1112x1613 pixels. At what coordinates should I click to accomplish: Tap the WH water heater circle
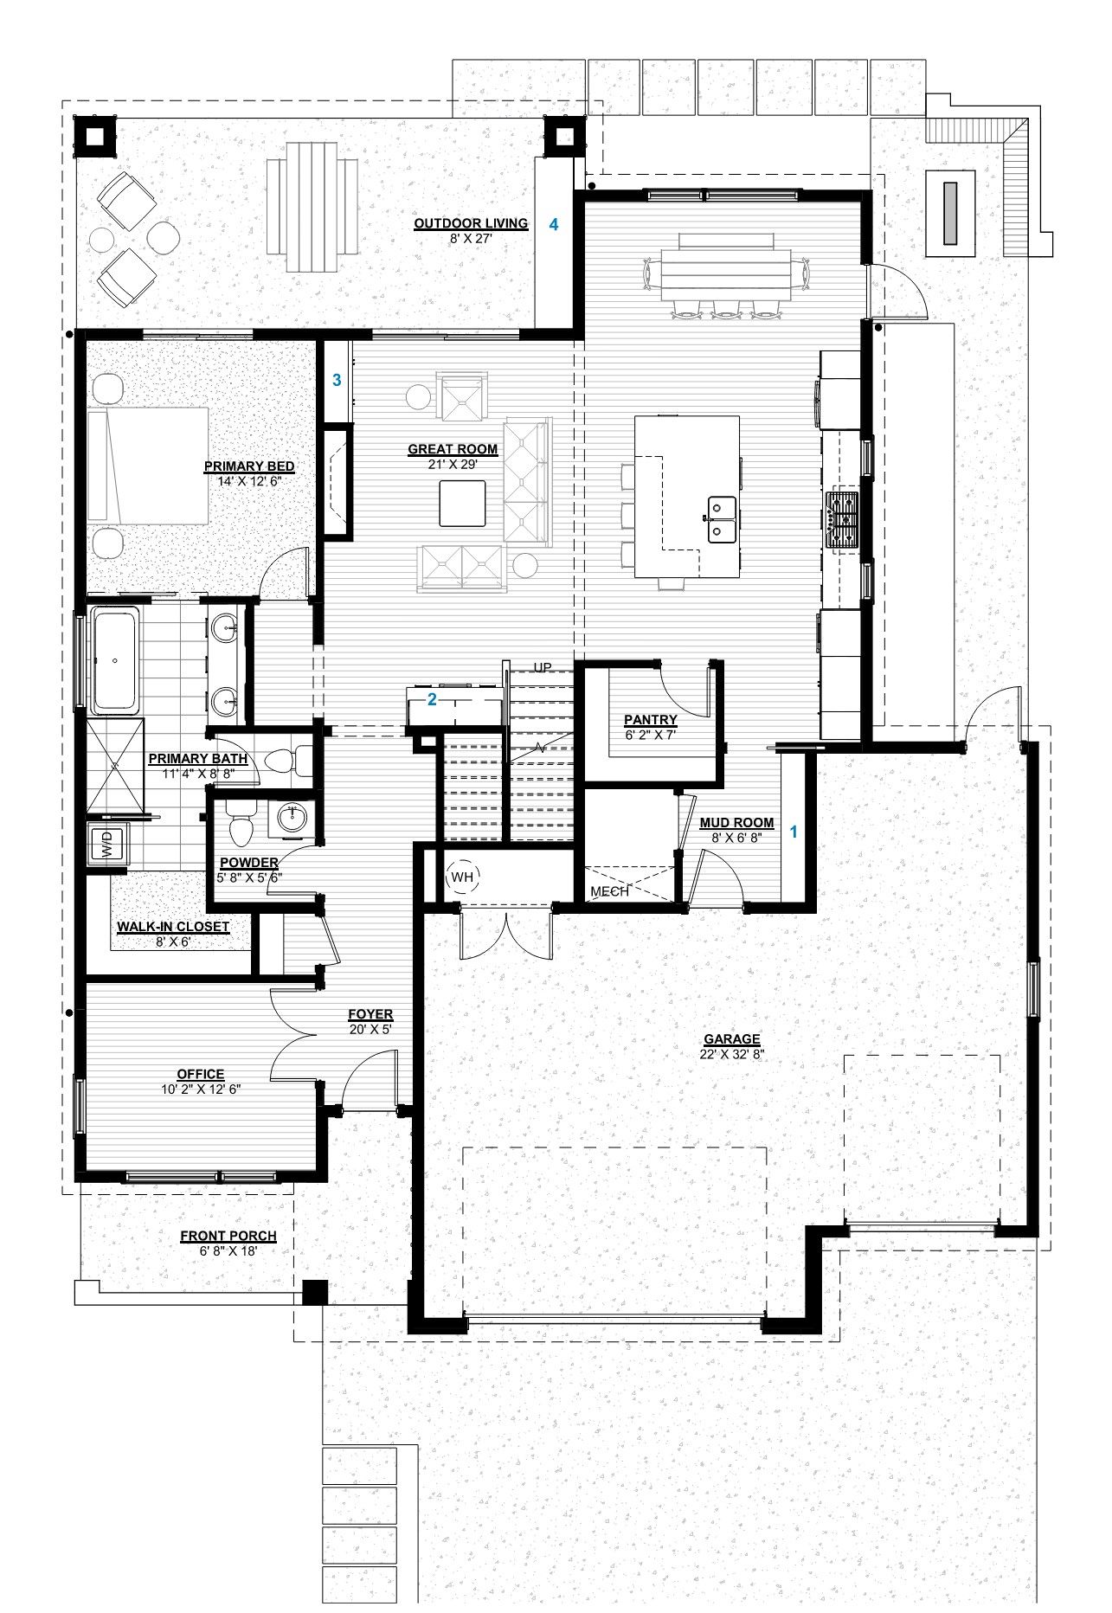pyautogui.click(x=463, y=877)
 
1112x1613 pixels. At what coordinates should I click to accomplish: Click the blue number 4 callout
pyautogui.click(x=555, y=224)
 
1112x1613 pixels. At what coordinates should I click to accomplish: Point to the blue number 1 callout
pyautogui.click(x=793, y=832)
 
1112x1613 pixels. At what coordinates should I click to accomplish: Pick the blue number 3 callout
pyautogui.click(x=337, y=379)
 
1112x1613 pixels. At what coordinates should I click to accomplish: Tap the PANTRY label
pyautogui.click(x=651, y=719)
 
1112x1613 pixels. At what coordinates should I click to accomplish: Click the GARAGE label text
pyautogui.click(x=731, y=1039)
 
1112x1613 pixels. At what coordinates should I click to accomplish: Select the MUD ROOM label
pyautogui.click(x=736, y=823)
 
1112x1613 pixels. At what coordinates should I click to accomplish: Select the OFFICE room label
pyautogui.click(x=200, y=1074)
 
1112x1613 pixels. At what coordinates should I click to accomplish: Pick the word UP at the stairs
pyautogui.click(x=543, y=667)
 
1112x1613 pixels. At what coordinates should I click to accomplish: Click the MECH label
pyautogui.click(x=609, y=891)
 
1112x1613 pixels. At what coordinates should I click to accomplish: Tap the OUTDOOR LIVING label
pyautogui.click(x=471, y=223)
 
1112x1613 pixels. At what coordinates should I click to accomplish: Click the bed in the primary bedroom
pyautogui.click(x=148, y=466)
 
